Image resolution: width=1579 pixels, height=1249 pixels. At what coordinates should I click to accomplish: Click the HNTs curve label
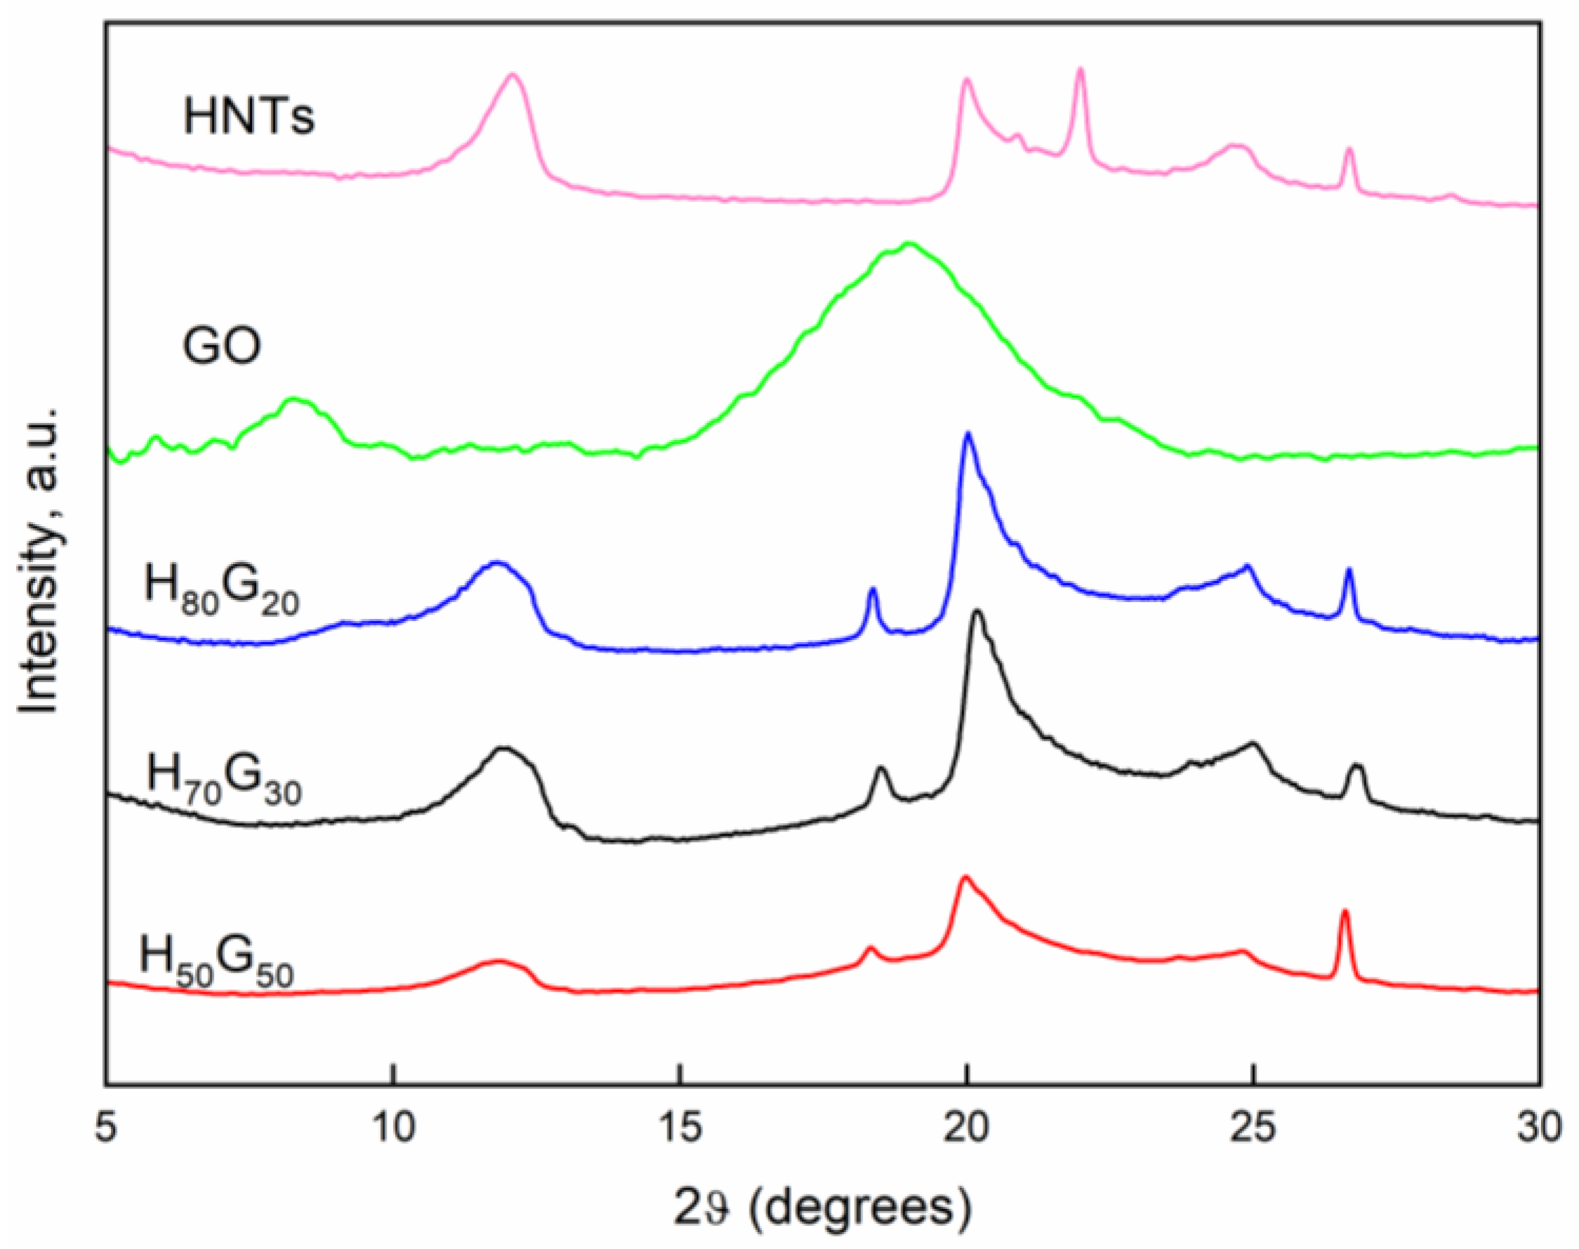click(248, 117)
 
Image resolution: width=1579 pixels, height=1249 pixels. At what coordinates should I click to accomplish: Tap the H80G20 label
click(222, 589)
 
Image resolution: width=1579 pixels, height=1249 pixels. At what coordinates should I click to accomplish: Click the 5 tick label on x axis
click(107, 1127)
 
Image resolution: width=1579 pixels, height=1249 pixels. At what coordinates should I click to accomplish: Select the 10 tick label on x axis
click(393, 1127)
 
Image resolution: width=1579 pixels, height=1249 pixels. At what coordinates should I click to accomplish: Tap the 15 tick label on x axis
click(679, 1127)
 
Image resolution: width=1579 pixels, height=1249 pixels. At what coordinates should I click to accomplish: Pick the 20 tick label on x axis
click(966, 1127)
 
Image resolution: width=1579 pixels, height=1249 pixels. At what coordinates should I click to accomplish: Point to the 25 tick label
click(1253, 1127)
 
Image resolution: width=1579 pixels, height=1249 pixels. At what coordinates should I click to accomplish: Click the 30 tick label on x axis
click(1539, 1127)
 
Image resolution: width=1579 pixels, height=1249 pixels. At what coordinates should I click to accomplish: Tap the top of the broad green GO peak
click(909, 244)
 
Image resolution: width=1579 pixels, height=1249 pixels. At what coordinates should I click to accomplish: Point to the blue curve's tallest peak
click(968, 434)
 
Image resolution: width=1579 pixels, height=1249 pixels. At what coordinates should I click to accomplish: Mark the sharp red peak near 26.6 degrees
click(1344, 912)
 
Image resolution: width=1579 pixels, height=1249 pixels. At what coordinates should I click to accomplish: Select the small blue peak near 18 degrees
click(872, 589)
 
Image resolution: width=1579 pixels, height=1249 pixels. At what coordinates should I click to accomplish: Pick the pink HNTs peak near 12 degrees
click(514, 75)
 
